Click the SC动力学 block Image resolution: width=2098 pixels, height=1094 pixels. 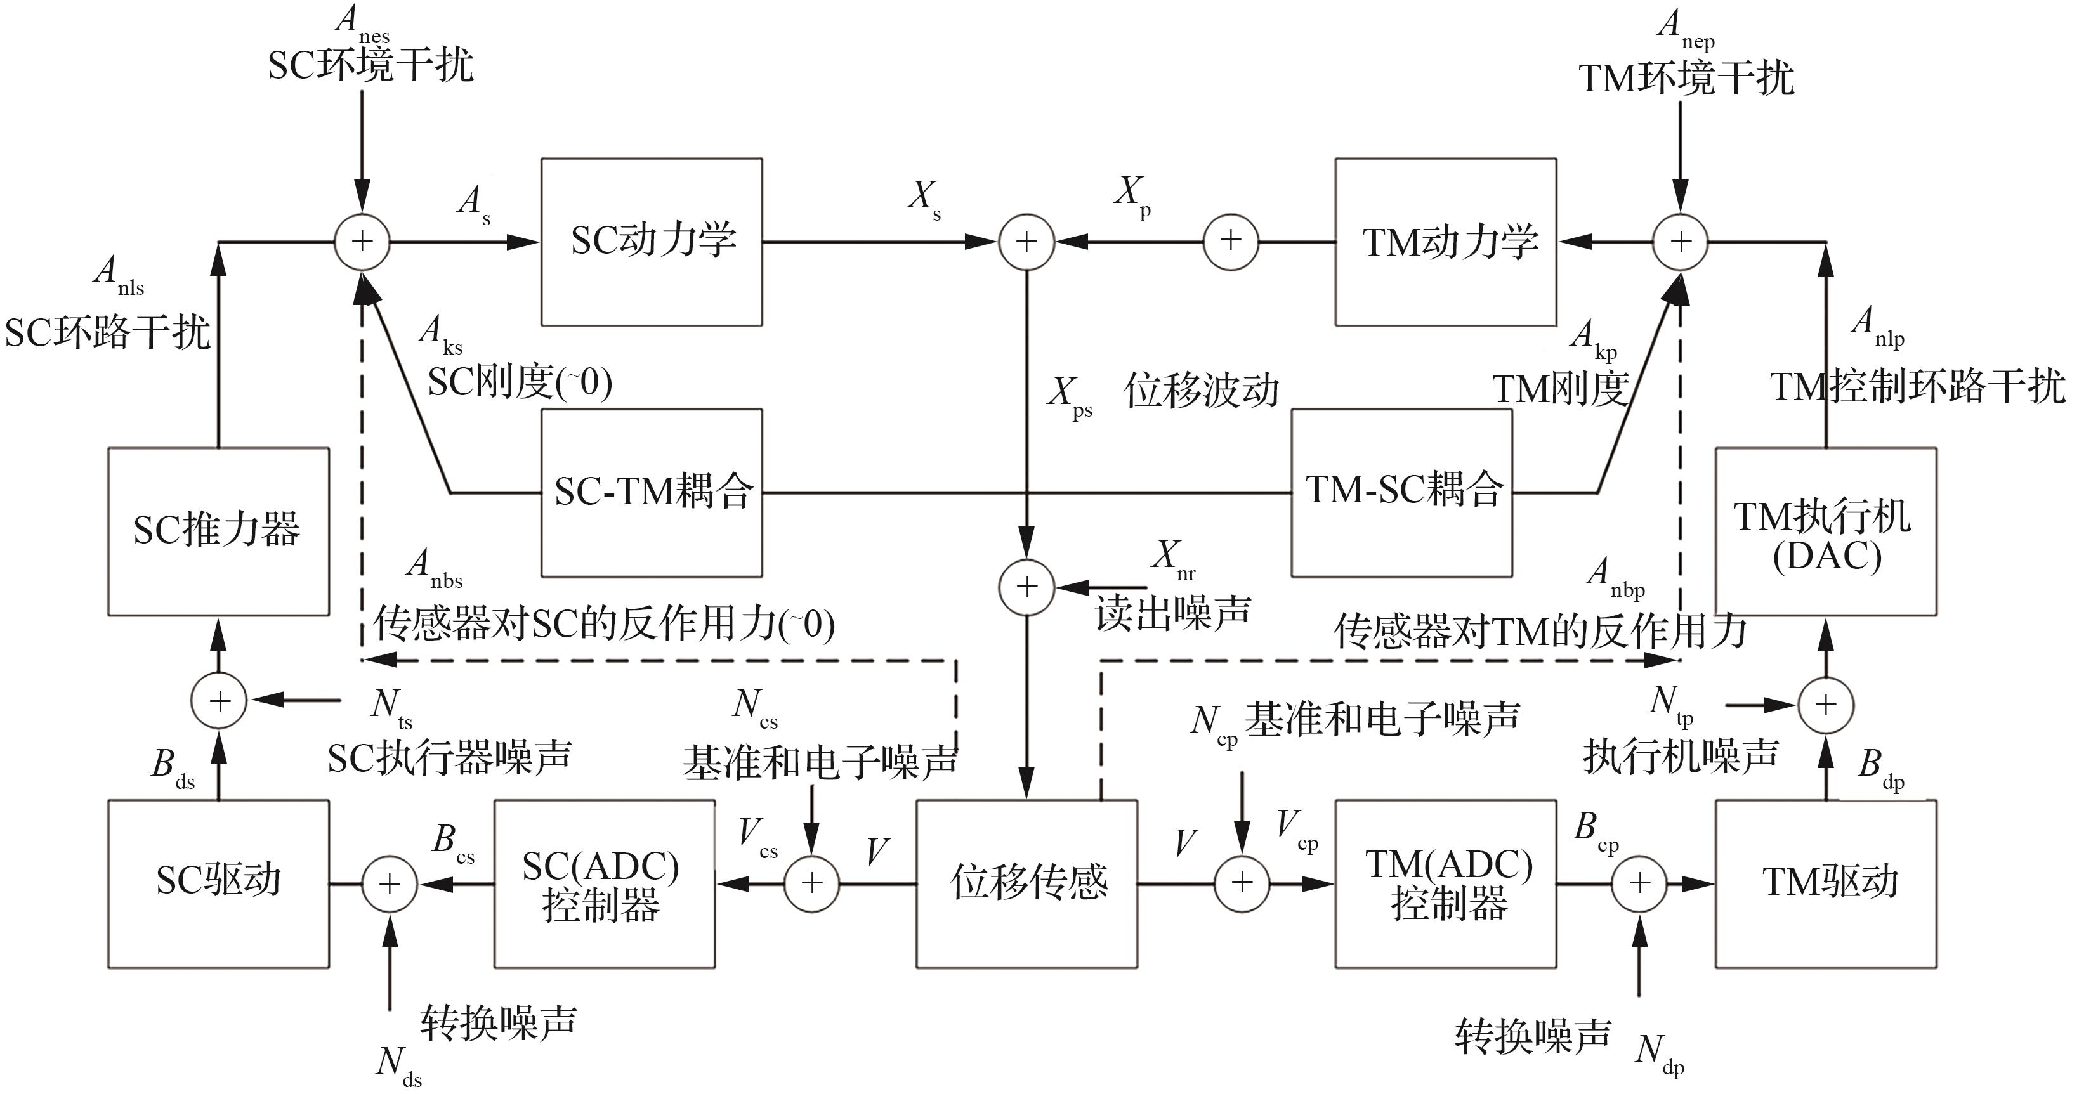click(652, 242)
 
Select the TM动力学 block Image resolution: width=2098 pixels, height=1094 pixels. click(1446, 242)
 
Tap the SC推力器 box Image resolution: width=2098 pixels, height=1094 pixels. click(218, 531)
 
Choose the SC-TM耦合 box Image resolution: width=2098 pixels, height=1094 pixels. click(652, 493)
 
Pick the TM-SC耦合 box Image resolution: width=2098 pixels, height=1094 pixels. click(1401, 493)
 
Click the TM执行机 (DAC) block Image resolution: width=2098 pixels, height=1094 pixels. click(1826, 531)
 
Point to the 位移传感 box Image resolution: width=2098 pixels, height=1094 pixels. click(1027, 883)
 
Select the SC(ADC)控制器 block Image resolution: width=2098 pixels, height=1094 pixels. click(605, 883)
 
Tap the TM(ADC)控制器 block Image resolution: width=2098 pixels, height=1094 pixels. click(1446, 883)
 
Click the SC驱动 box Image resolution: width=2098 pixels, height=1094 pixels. click(218, 883)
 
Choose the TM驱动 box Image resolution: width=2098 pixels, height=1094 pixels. click(1826, 883)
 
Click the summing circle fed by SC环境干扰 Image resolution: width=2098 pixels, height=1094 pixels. click(362, 242)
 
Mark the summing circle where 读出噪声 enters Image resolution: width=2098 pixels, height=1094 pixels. click(1027, 587)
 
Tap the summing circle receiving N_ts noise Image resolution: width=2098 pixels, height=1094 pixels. click(219, 700)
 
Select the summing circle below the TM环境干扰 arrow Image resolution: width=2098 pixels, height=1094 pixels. click(1680, 242)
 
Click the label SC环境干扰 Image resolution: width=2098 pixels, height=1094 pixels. click(370, 65)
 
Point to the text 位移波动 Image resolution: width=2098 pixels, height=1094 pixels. click(1202, 391)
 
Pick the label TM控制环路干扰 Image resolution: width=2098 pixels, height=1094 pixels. click(1918, 386)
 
